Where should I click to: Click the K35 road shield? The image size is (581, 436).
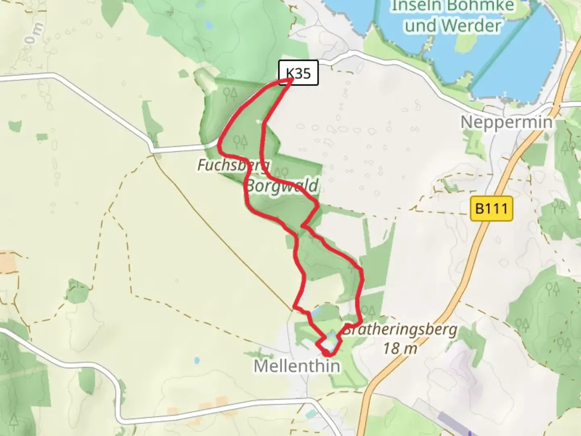299,73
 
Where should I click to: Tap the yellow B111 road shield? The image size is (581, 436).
491,209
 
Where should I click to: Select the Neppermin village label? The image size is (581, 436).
506,122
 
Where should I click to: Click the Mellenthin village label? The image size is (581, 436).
297,366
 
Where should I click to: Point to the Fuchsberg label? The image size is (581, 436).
232,165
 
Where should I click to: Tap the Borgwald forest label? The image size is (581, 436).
282,187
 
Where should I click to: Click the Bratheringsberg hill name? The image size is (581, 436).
400,330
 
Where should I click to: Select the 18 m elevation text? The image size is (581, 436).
400,348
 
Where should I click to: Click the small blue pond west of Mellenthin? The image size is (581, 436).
196,360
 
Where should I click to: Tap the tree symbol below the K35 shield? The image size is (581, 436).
230,94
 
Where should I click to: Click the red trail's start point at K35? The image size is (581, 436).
290,80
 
